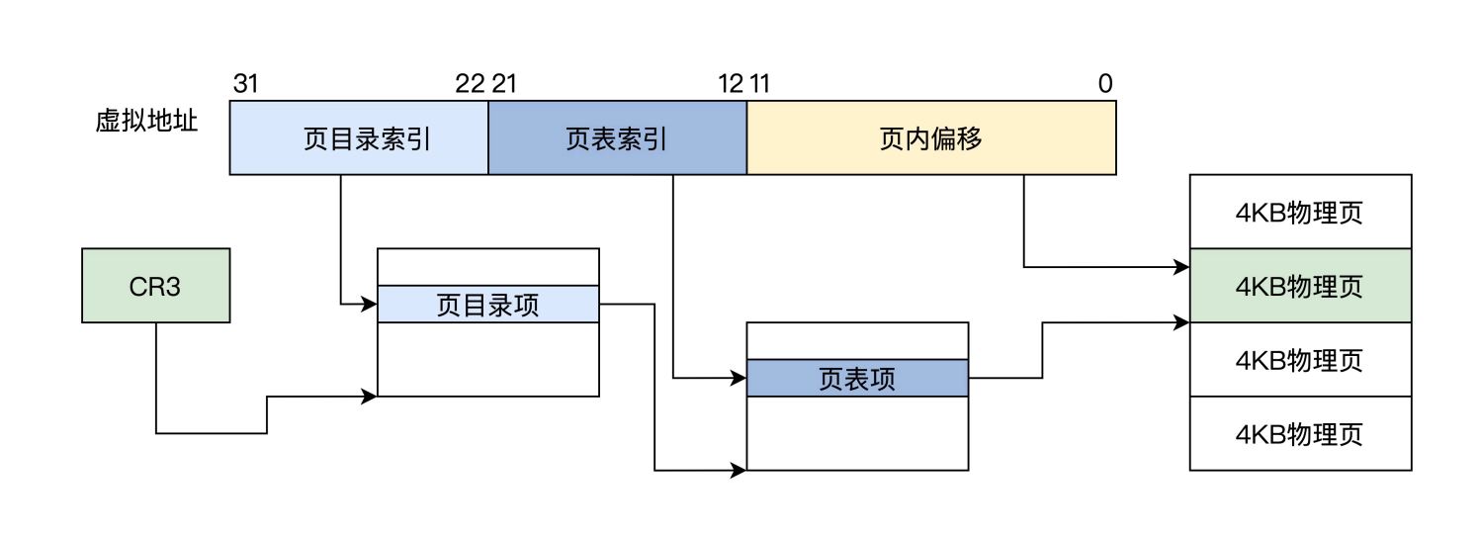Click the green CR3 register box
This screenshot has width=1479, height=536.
click(155, 285)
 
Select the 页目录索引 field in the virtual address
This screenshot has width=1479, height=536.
click(359, 138)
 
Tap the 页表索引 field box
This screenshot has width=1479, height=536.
click(617, 138)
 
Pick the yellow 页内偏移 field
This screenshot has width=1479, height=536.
click(931, 138)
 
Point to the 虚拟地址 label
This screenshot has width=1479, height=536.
click(146, 122)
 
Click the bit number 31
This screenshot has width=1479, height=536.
click(245, 84)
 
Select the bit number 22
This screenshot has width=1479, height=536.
click(470, 84)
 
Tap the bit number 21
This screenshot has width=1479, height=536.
click(504, 84)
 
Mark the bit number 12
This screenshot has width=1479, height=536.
click(731, 84)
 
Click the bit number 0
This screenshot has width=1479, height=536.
click(1104, 84)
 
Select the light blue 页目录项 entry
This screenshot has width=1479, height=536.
click(488, 305)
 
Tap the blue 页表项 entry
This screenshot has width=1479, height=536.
click(857, 379)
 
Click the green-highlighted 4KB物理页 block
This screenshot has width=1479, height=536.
click(1300, 286)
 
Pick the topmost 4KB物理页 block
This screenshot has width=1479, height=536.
click(1300, 212)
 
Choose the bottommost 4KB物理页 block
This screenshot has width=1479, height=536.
click(1300, 434)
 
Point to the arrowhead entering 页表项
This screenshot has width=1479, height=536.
click(739, 378)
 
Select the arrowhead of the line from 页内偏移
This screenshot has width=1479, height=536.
click(1182, 267)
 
